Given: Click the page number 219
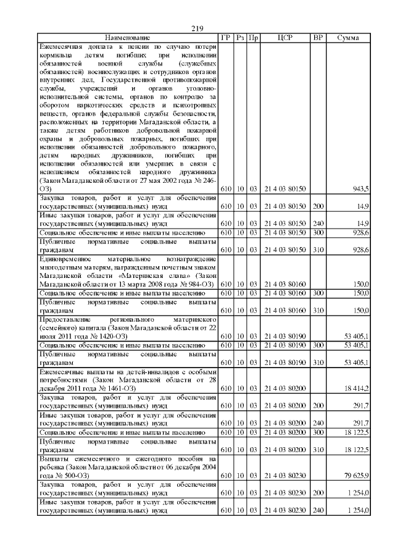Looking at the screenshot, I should click(197, 28).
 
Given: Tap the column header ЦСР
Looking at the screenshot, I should click(285, 38).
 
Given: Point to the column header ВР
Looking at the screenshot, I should click(318, 38).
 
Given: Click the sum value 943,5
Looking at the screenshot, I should click(360, 188).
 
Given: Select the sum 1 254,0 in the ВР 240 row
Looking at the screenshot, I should click(357, 510).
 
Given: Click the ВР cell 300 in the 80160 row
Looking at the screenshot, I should click(318, 293).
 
